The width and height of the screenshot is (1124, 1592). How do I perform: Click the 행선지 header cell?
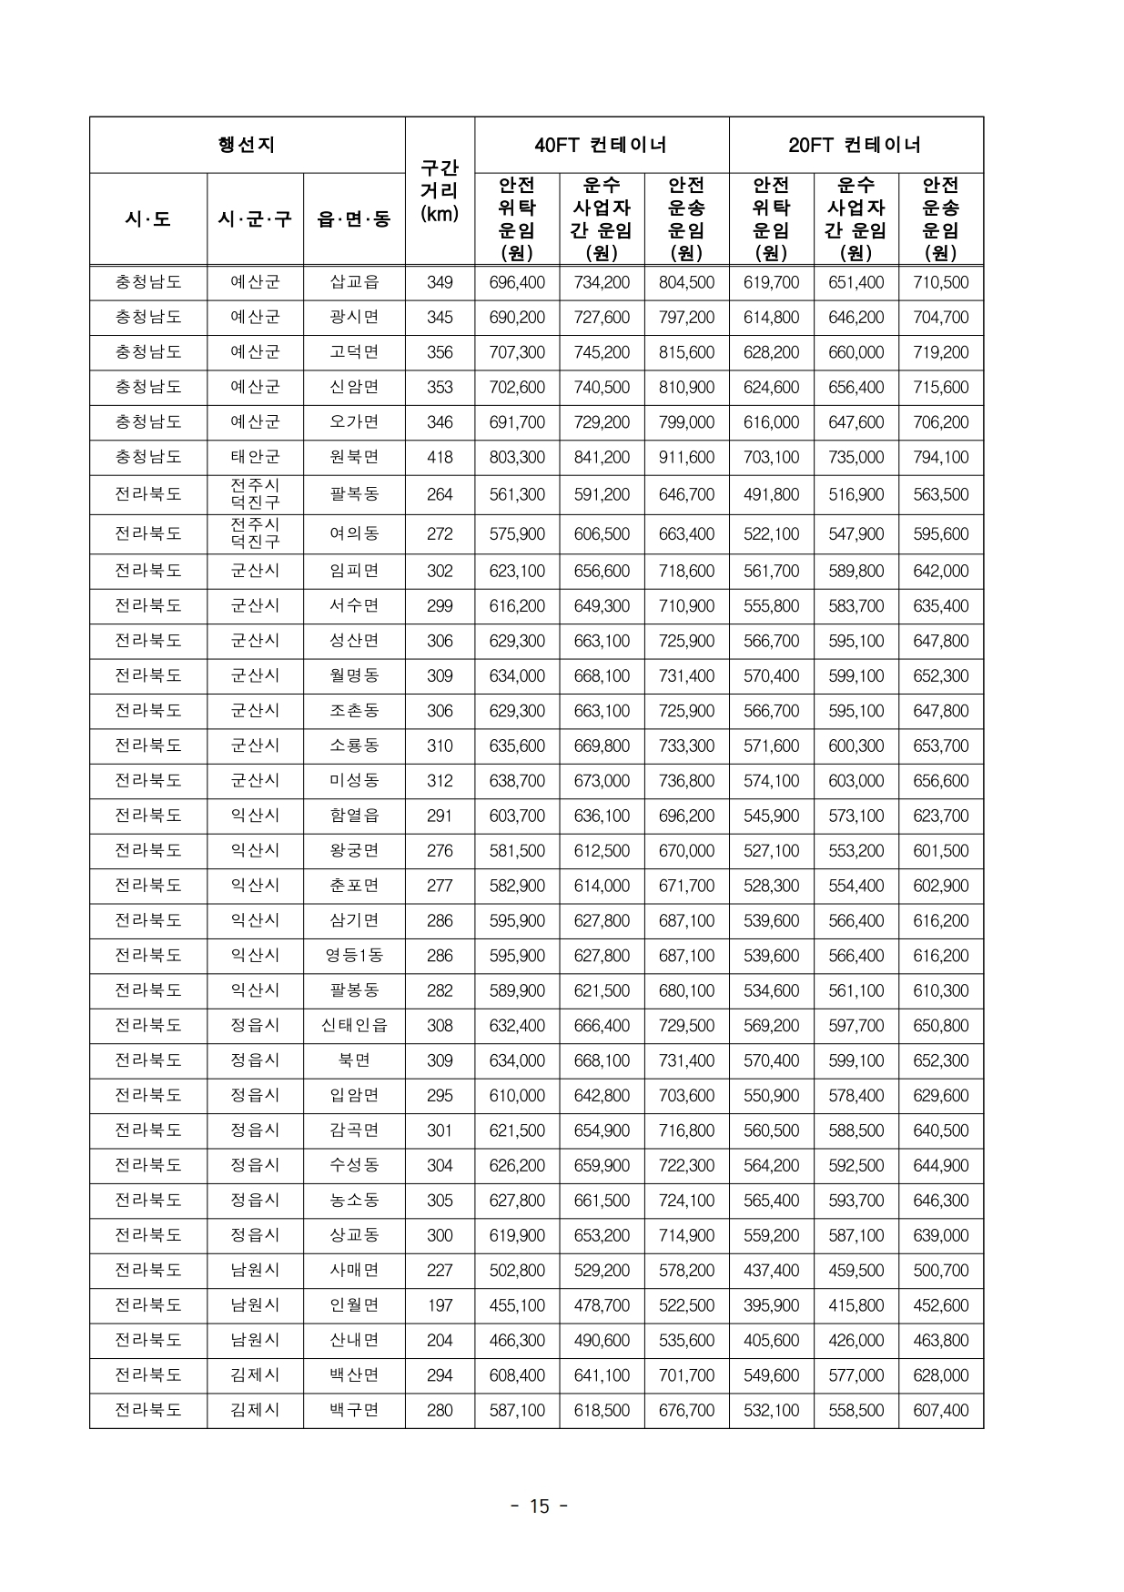pyautogui.click(x=247, y=145)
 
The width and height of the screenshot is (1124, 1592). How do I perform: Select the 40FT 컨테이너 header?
pyautogui.click(x=601, y=145)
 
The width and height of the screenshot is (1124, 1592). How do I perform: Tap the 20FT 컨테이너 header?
pyautogui.click(x=856, y=145)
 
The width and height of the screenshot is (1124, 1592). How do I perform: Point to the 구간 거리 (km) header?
pyautogui.click(x=440, y=191)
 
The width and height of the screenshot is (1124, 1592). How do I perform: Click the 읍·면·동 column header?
pyautogui.click(x=353, y=219)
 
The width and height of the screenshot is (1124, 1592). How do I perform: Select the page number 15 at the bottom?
pyautogui.click(x=540, y=1506)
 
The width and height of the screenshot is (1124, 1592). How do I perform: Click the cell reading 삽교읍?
pyautogui.click(x=353, y=282)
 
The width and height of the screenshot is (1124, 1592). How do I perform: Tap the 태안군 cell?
pyautogui.click(x=255, y=457)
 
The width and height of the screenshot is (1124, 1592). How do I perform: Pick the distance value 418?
pyautogui.click(x=440, y=457)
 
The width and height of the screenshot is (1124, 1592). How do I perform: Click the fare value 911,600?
pyautogui.click(x=686, y=457)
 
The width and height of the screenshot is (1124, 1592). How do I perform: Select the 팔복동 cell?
pyautogui.click(x=353, y=494)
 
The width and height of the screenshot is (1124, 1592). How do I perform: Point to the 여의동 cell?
pyautogui.click(x=353, y=533)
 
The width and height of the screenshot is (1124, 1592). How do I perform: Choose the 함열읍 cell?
pyautogui.click(x=353, y=816)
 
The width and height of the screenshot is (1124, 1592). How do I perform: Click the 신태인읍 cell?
pyautogui.click(x=353, y=1025)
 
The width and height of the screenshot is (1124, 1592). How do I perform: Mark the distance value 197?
pyautogui.click(x=440, y=1305)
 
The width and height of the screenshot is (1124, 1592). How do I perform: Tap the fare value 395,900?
pyautogui.click(x=771, y=1305)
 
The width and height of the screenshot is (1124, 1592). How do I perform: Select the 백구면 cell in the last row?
pyautogui.click(x=353, y=1410)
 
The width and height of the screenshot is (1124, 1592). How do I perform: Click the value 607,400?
pyautogui.click(x=940, y=1410)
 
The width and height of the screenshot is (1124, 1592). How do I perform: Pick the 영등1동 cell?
pyautogui.click(x=353, y=956)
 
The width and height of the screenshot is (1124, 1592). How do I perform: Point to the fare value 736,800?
pyautogui.click(x=686, y=780)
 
